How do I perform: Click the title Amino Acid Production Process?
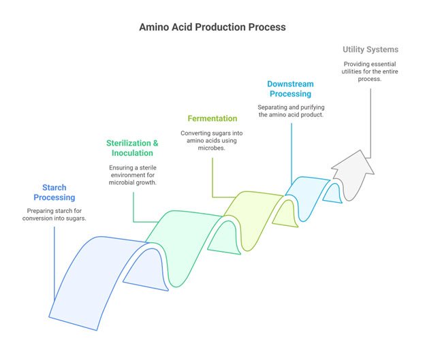[212, 27]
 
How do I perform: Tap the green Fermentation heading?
[213, 118]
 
